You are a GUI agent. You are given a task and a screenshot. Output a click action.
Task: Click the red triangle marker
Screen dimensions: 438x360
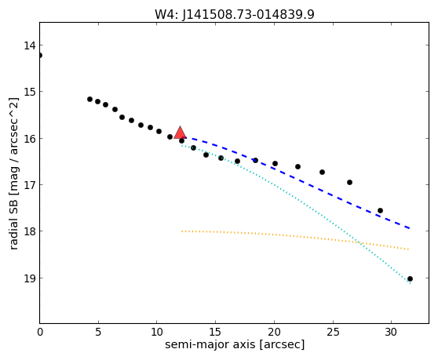[x=181, y=133]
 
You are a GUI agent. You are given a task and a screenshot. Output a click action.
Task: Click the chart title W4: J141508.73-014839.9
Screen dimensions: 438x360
[x=235, y=15]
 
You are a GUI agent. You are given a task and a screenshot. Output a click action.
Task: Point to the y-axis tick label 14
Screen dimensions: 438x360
[x=30, y=45]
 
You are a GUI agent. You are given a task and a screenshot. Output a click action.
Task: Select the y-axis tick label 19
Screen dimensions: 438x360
[x=30, y=278]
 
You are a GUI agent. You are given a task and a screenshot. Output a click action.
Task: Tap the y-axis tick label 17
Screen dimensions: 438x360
[x=30, y=185]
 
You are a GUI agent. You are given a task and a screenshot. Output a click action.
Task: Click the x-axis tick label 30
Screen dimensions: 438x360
[x=391, y=332]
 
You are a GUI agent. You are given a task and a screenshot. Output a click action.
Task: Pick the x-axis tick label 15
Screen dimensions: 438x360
[x=215, y=332]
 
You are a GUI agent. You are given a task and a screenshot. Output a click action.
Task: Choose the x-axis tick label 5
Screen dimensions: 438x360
[x=98, y=332]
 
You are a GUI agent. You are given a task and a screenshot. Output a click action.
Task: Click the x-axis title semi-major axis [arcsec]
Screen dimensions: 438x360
[x=235, y=344]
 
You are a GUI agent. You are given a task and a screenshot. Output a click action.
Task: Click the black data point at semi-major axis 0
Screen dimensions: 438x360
[x=40, y=55]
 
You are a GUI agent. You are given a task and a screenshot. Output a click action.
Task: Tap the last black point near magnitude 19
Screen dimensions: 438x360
[x=410, y=278]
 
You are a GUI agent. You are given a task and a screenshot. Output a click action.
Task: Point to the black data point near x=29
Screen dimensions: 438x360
[x=380, y=210]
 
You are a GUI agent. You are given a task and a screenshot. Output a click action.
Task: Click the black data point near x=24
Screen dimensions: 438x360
[x=322, y=173]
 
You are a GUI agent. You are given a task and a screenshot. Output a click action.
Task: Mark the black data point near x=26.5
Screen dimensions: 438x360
[x=349, y=182]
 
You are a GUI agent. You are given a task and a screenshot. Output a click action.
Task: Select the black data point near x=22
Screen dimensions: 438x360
[x=297, y=166]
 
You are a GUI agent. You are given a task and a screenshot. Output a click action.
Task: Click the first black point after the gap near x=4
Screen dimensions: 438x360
[x=89, y=99]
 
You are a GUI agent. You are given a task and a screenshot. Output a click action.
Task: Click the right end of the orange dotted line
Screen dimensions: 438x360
[x=409, y=249]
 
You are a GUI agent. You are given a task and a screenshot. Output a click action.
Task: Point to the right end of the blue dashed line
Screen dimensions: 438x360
[x=410, y=228]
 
